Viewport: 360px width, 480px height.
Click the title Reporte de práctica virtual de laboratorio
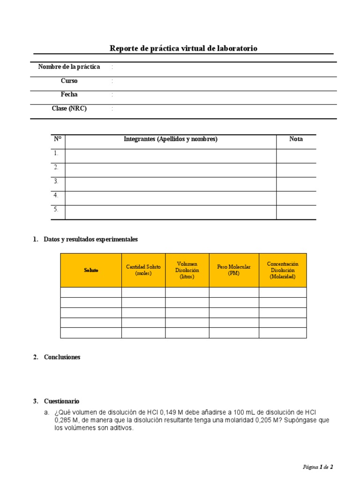[x=183, y=48]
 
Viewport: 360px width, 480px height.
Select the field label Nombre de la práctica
[x=69, y=67]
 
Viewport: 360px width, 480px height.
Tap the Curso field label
[x=69, y=81]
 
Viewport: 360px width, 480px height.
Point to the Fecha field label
[x=69, y=95]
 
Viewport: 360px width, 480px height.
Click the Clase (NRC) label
[x=69, y=109]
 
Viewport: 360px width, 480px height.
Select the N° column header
[x=58, y=139]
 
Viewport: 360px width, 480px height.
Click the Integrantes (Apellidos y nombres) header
[x=171, y=139]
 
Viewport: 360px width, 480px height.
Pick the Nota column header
[x=296, y=139]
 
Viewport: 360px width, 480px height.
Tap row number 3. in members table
[x=56, y=181]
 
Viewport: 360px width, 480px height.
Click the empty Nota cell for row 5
[x=296, y=212]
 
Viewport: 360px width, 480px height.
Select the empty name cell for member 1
[x=171, y=156]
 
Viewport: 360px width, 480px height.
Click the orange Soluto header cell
[x=91, y=270]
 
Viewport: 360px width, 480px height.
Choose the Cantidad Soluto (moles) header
[x=143, y=270]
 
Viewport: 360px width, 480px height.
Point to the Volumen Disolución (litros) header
[x=187, y=270]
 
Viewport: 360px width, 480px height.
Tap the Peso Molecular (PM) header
[x=233, y=270]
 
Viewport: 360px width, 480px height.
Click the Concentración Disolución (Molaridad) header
[x=282, y=270]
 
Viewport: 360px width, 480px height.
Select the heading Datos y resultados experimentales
[x=90, y=240]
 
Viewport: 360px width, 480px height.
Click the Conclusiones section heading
[x=62, y=357]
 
